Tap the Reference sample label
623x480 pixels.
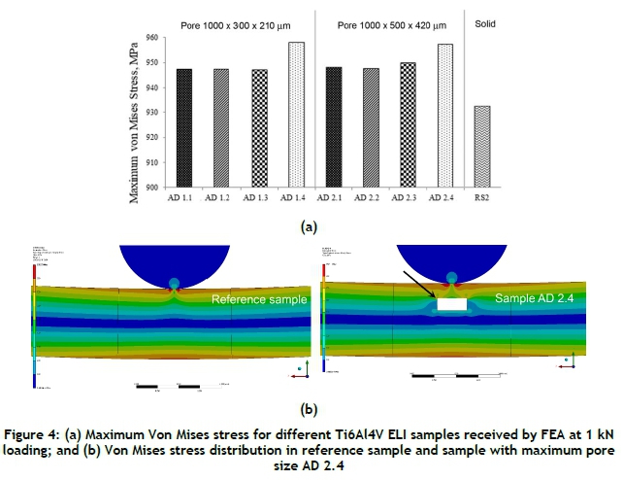(x=259, y=300)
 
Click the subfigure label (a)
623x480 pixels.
(x=307, y=225)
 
